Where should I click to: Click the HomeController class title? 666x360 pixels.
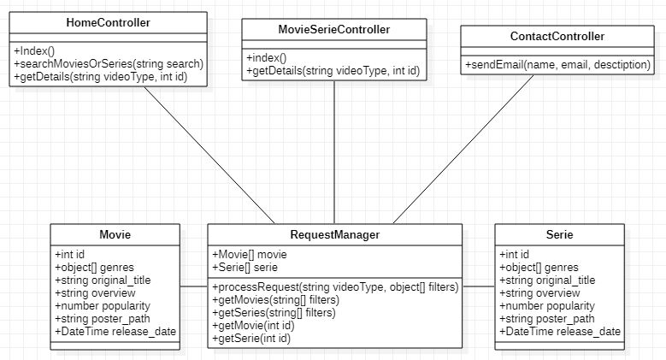pos(109,22)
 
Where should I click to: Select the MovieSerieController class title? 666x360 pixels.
pos(333,29)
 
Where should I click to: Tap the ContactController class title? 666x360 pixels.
pos(557,36)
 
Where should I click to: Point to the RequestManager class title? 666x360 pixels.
pos(334,234)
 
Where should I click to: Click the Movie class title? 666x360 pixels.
pos(115,234)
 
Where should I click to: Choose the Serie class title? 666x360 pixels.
pos(559,234)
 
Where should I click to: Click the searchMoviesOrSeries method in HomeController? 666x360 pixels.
pos(109,64)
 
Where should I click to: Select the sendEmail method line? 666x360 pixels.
pos(557,65)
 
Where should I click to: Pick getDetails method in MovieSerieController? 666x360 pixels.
pos(333,71)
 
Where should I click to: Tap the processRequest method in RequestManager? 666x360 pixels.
pos(335,287)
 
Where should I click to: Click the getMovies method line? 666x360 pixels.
pos(275,299)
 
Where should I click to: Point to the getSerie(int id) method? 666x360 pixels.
pos(251,339)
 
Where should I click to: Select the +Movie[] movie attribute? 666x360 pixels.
pos(250,254)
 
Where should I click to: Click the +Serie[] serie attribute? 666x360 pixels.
pos(245,267)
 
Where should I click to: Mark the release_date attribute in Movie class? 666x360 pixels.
pos(115,332)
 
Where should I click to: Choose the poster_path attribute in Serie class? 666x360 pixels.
pos(547,319)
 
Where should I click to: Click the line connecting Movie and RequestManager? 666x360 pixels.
pos(194,286)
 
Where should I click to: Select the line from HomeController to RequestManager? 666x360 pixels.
pos(209,155)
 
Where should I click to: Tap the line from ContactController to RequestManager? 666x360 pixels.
pos(463,149)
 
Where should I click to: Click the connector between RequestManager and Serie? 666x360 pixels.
pos(479,286)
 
